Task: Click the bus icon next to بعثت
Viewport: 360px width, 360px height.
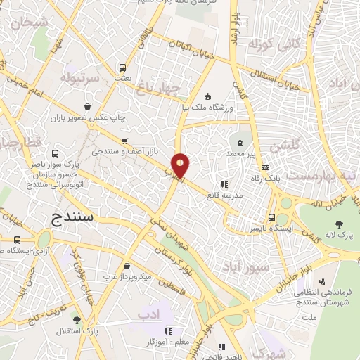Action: [x=123, y=68]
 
